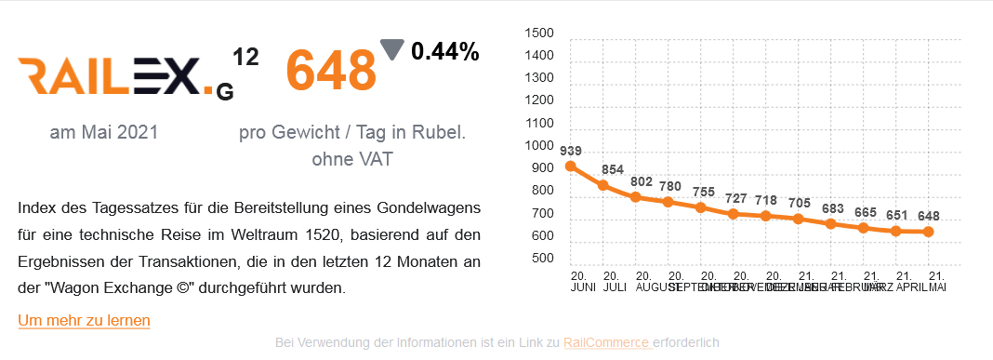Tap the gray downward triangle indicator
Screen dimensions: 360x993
coord(392,49)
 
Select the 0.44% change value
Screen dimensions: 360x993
coord(444,52)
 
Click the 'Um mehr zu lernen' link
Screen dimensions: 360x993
coord(84,320)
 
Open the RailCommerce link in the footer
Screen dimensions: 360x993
coord(605,342)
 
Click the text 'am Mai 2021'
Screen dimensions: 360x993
coord(104,133)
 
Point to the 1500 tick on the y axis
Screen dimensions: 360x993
coord(539,33)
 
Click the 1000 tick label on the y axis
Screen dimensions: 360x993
coord(539,146)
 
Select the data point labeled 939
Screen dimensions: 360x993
coord(571,167)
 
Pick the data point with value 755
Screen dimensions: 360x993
coord(701,207)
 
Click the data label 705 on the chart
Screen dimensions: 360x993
coord(799,203)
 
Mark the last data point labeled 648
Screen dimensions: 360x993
coord(928,232)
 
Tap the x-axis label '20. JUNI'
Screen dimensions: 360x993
coord(577,282)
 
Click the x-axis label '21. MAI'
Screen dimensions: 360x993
coord(937,282)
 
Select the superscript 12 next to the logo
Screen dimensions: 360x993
coord(245,58)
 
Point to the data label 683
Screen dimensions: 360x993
coord(832,207)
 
